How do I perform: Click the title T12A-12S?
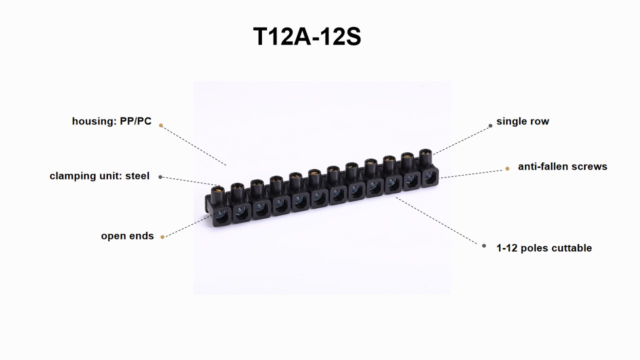(307, 36)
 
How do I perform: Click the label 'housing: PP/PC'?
(111, 121)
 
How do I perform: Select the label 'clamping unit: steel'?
(99, 175)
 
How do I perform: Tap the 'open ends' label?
(127, 236)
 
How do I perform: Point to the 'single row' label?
(522, 121)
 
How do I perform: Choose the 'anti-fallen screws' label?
(562, 166)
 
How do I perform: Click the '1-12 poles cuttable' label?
(544, 248)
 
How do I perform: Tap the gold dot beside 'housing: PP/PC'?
(161, 125)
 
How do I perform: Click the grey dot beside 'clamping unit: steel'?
(160, 177)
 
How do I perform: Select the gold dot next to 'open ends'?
(162, 237)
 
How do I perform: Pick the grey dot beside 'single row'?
(490, 125)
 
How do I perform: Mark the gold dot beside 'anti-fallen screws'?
(507, 168)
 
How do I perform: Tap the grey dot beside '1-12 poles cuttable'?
(483, 245)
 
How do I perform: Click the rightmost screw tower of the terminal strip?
(425, 158)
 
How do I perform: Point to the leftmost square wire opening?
(221, 216)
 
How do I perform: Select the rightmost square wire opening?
(429, 177)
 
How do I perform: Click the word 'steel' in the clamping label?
(137, 175)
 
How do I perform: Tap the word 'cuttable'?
(571, 248)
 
